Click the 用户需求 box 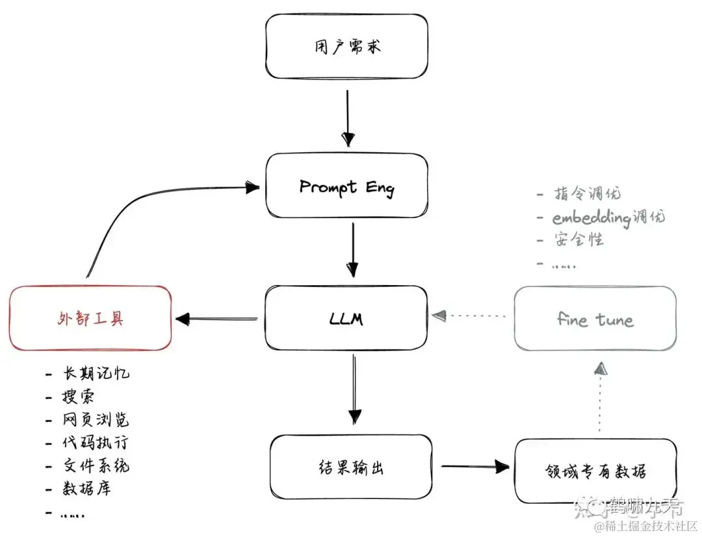(x=346, y=47)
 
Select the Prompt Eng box (x=346, y=187)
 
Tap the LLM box (x=346, y=318)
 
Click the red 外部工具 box (x=90, y=318)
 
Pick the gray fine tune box (x=595, y=319)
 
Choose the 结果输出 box (x=351, y=467)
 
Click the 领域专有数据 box (x=595, y=471)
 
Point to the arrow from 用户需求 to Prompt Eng (x=348, y=117)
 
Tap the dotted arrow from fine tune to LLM (x=471, y=316)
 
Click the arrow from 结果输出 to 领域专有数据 (x=474, y=466)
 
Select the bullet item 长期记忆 (x=96, y=373)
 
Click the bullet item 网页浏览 (x=96, y=419)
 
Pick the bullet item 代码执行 (x=96, y=443)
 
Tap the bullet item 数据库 (x=86, y=489)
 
